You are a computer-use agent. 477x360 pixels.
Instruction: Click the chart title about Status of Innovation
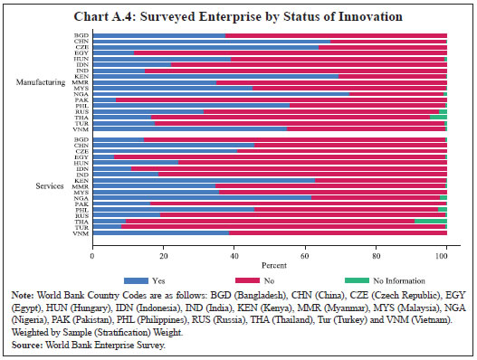point(239,17)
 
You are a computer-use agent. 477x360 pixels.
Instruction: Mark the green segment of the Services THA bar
point(431,221)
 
